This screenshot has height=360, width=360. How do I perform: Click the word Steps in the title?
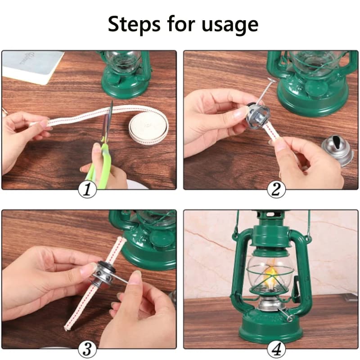click(134, 24)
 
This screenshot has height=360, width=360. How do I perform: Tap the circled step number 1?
click(87, 189)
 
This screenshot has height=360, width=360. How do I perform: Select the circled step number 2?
click(276, 189)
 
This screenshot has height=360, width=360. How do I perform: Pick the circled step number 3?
click(87, 350)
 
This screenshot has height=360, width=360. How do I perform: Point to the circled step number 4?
click(276, 350)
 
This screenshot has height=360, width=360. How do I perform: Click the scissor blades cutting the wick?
click(108, 120)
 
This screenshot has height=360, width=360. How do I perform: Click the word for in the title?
click(181, 24)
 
